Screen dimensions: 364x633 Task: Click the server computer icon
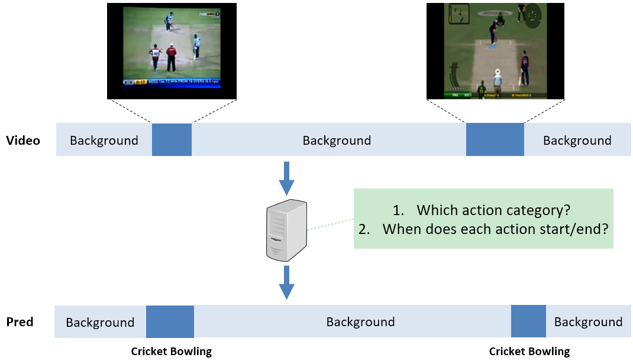287,230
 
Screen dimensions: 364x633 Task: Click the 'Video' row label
23,141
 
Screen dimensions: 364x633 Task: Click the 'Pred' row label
20,322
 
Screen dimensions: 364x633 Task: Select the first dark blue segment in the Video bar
172,139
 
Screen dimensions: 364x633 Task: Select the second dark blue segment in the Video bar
495,139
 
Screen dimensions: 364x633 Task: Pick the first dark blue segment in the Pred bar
170,321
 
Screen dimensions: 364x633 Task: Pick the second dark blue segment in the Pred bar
528,321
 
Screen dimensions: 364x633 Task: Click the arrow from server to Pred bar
287,282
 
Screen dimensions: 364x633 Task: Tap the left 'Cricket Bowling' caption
171,352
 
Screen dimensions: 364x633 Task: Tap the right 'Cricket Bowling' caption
529,352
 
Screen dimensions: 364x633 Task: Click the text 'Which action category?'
493,210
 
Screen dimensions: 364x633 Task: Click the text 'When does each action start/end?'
495,229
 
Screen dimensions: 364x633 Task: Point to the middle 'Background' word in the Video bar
337,141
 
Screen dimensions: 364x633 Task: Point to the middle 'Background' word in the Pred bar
360,322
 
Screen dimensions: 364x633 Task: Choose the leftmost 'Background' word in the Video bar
104,141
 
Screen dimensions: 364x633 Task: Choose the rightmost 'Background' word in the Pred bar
588,322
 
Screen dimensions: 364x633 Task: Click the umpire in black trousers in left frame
172,59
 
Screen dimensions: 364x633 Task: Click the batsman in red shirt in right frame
524,65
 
